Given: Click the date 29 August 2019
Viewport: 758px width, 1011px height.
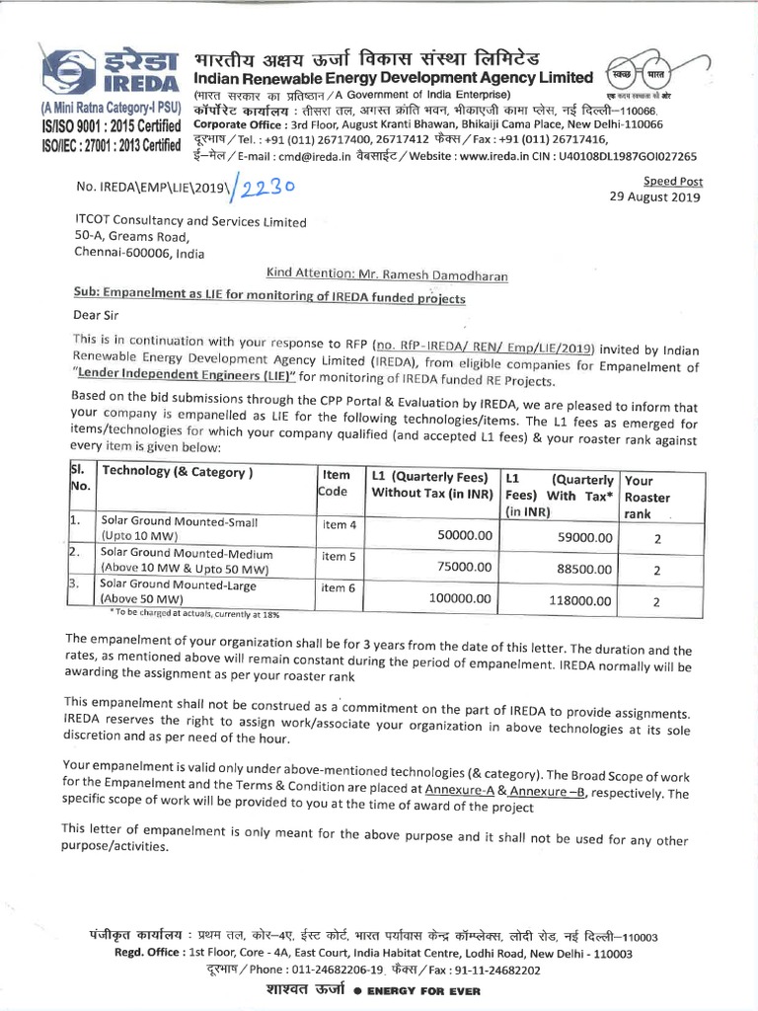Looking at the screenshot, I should [x=655, y=197].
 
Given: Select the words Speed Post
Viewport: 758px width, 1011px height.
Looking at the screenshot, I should [x=671, y=181].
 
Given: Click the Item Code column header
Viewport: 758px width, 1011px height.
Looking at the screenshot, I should [x=338, y=482].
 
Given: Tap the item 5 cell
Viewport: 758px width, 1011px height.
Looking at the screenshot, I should [x=339, y=556].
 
